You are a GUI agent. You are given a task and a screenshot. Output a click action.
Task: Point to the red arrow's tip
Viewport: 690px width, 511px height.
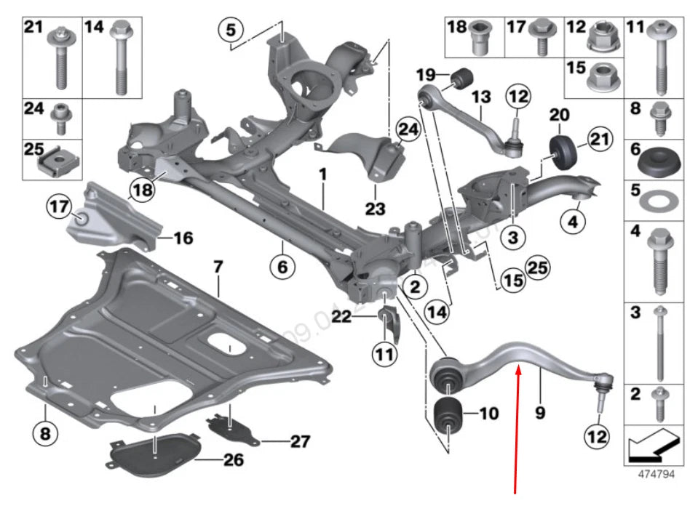coord(518,365)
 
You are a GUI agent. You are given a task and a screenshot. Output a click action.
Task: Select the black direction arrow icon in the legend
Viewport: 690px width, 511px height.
coord(654,443)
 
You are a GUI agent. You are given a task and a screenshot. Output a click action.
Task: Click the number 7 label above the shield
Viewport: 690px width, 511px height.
coord(217,268)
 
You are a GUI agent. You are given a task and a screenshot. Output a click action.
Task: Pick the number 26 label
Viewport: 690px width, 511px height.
coord(234,460)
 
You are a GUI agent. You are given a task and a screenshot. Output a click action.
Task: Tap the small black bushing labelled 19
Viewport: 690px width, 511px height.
coord(464,75)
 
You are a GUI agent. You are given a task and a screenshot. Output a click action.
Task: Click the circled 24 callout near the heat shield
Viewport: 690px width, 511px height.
coord(408,130)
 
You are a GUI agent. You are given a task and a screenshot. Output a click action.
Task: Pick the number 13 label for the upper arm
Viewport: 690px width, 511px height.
coord(481,97)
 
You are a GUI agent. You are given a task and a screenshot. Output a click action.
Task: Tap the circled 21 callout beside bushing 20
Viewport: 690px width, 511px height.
coord(597,138)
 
